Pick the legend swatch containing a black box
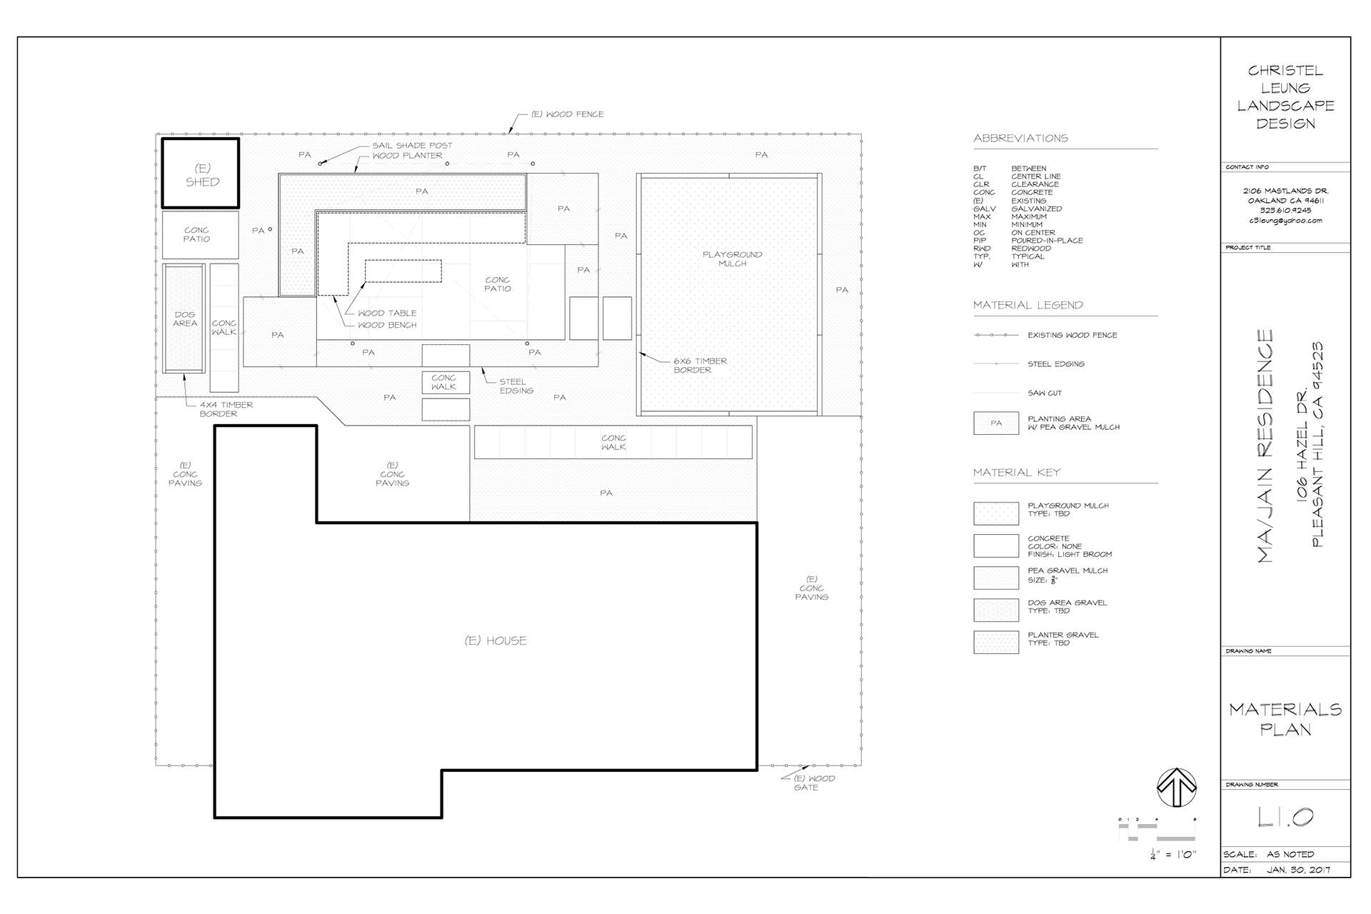(996, 423)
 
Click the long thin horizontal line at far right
(1285, 648)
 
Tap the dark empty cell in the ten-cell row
(613, 443)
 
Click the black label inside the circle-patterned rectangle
(185, 319)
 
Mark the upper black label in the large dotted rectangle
(733, 260)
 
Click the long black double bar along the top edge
(412, 150)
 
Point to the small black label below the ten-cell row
(606, 493)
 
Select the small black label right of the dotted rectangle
(843, 290)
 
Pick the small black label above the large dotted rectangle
(761, 155)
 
